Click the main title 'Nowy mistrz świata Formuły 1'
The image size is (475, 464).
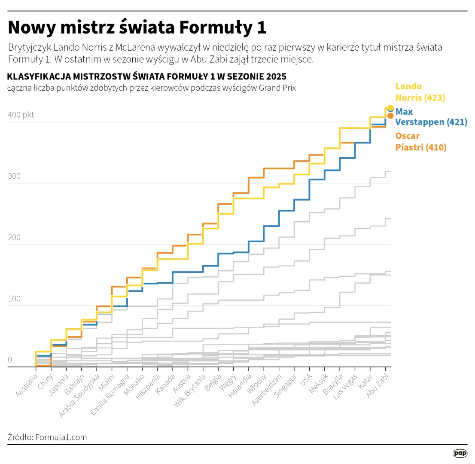coord(137,27)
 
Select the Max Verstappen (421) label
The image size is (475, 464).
coord(431,117)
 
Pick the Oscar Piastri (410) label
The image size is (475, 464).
coord(420,142)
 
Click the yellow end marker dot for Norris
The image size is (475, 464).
coord(390,108)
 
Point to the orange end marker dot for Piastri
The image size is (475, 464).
coord(390,116)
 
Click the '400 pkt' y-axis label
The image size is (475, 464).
coord(21,115)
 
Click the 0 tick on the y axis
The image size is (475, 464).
coord(10,360)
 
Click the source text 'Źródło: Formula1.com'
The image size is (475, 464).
coord(47,437)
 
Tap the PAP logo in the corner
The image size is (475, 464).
coord(460,453)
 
